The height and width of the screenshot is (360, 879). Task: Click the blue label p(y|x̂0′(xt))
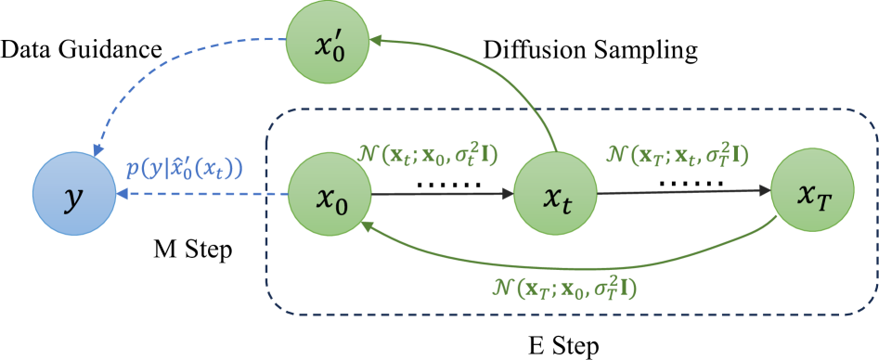184,169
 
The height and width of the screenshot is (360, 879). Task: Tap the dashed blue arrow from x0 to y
204,195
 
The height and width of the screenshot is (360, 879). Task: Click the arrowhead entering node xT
764,191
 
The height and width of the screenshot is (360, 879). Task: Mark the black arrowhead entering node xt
507,195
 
